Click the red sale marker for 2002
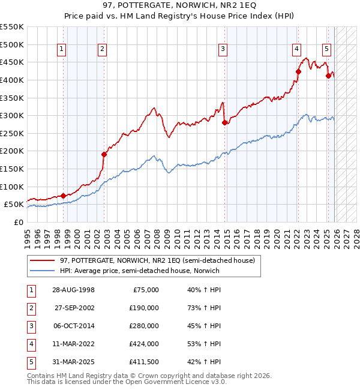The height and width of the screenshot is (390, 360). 104,154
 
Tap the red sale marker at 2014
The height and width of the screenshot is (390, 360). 224,122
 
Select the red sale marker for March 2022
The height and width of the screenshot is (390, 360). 298,71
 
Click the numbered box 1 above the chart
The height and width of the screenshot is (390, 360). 63,50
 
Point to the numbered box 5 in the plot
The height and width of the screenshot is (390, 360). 326,50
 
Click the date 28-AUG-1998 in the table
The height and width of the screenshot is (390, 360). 74,290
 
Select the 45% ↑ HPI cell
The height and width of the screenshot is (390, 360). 204,326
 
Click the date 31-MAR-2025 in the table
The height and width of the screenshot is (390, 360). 74,362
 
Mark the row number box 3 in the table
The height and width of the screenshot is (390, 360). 31,326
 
